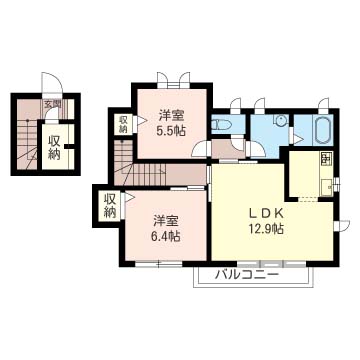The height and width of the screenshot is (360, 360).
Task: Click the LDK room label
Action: (267, 212)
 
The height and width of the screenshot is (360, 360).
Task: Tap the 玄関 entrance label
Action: (50, 104)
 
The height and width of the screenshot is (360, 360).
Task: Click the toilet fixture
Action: (222, 125)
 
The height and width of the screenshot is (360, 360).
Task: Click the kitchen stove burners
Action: (326, 159)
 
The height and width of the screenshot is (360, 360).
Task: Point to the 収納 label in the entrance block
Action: (54, 146)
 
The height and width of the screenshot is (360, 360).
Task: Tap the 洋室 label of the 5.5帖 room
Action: (167, 114)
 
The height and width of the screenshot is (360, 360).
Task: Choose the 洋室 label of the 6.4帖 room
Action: (166, 219)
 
